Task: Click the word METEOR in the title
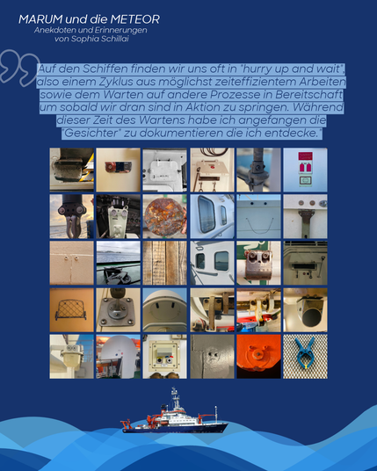tap(134, 19)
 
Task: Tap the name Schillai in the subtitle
tap(114, 39)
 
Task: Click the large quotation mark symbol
tap(19, 68)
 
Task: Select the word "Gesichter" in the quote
tap(92, 133)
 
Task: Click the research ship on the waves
tap(174, 412)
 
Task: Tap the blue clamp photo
tap(305, 357)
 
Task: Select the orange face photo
tap(258, 357)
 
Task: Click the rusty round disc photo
tap(164, 216)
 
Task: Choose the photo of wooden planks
tap(164, 263)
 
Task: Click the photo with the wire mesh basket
tap(71, 310)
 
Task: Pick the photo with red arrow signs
tap(305, 170)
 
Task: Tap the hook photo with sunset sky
tap(71, 216)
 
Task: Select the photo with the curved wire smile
tap(258, 216)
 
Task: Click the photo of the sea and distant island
tap(119, 263)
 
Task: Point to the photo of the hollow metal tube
tap(305, 310)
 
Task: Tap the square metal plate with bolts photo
tap(119, 310)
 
